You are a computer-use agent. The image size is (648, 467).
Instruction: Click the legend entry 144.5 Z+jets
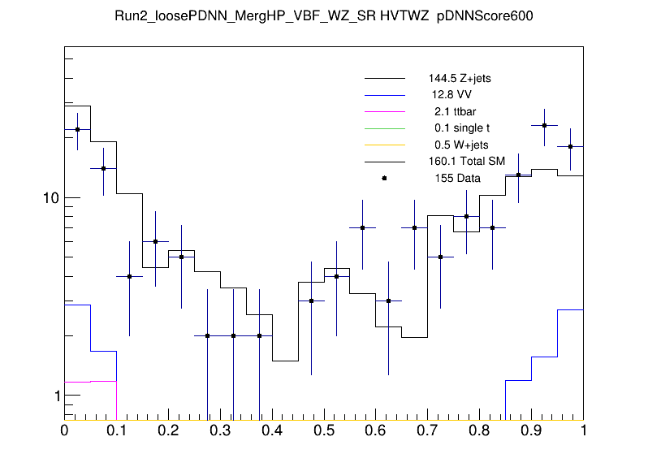click(460, 79)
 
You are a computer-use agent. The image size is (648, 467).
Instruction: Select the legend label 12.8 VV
click(452, 95)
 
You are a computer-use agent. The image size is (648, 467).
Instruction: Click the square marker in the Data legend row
click(384, 178)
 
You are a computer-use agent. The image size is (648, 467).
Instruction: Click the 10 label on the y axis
click(51, 198)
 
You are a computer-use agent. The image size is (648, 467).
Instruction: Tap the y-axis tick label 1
click(56, 396)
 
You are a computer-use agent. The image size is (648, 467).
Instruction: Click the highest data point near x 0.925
click(545, 125)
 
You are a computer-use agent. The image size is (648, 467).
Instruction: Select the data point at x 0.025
click(77, 129)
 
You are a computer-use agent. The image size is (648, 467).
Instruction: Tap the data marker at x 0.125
click(129, 276)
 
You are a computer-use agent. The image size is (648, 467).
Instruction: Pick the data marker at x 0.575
click(363, 227)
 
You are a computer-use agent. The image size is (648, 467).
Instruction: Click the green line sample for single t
click(384, 128)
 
